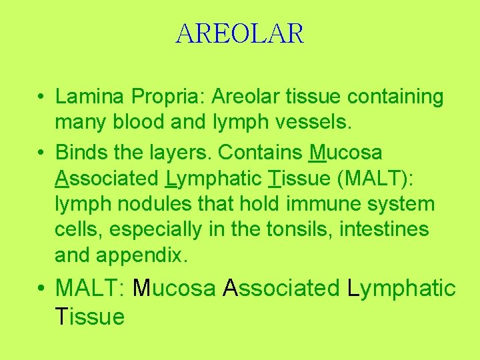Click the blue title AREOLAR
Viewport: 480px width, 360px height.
click(x=240, y=33)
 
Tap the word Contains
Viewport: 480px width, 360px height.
click(x=261, y=153)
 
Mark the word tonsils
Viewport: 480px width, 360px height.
click(x=299, y=229)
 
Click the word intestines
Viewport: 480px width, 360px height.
click(x=385, y=229)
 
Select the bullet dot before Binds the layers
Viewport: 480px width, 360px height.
click(x=41, y=153)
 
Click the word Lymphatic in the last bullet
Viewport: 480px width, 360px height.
click(x=401, y=289)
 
